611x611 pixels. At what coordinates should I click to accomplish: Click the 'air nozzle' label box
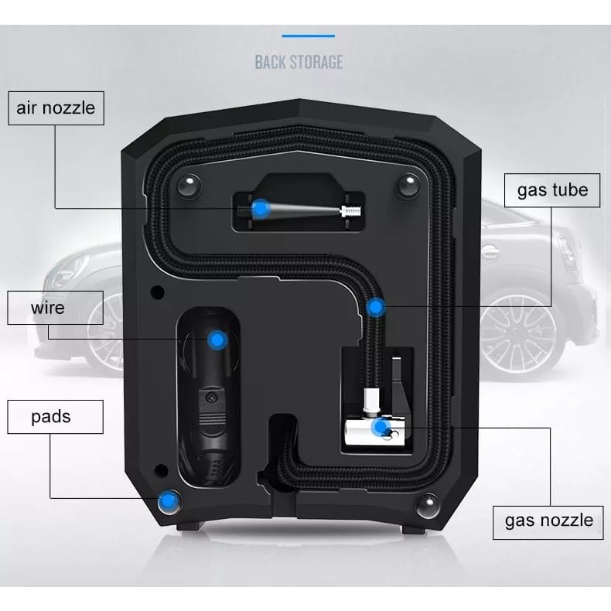pyautogui.click(x=56, y=108)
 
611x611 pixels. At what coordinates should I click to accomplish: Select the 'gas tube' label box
pyautogui.click(x=552, y=189)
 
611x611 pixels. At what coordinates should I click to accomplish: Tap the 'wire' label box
pyautogui.click(x=47, y=308)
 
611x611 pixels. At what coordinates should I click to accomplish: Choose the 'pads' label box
pyautogui.click(x=51, y=417)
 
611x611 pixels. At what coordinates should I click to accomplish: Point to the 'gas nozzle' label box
pyautogui.click(x=548, y=519)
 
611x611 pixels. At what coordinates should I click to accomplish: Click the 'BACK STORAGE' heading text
pyautogui.click(x=299, y=62)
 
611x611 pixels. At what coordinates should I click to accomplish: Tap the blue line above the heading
pyautogui.click(x=307, y=36)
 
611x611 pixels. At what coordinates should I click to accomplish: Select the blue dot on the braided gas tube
pyautogui.click(x=375, y=307)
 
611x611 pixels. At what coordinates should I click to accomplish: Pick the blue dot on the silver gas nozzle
pyautogui.click(x=379, y=426)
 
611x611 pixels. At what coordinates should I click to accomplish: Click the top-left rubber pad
pyautogui.click(x=186, y=185)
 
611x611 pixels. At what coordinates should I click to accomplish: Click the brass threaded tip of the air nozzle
pyautogui.click(x=350, y=210)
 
